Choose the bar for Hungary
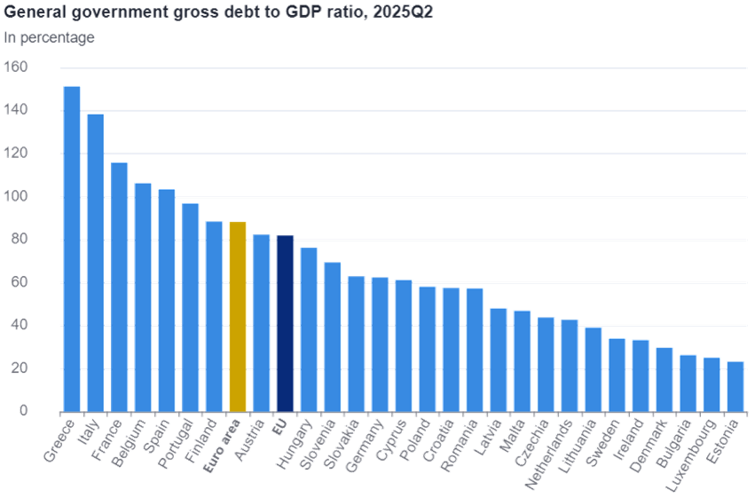309,328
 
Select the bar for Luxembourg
711,384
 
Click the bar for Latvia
498,360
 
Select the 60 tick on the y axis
20,282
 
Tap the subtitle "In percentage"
50,37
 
